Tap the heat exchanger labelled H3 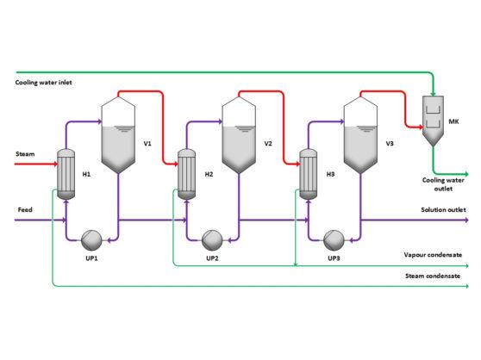coord(306,175)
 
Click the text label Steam coord(25,154)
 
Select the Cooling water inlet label coord(43,83)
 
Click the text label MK coord(453,121)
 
